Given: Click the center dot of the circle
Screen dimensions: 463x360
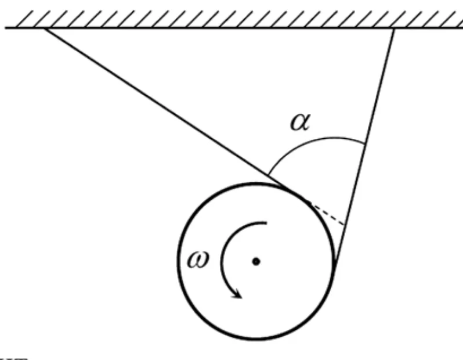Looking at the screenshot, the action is (256, 262).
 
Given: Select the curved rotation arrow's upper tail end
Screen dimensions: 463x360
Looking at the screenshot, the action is (266, 222).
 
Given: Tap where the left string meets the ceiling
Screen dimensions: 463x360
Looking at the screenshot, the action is (44, 28).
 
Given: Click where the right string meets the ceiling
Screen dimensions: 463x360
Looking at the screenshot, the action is (395, 28).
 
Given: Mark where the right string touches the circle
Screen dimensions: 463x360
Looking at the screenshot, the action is (334, 264).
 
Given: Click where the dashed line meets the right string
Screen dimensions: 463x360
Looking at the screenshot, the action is (345, 225).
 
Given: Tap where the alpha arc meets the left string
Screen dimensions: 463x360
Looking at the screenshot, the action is (268, 174).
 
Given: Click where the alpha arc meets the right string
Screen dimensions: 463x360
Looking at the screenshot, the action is (364, 143).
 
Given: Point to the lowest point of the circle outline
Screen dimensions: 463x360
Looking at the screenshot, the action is (256, 340).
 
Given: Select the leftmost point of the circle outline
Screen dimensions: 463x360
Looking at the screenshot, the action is (178, 262).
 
